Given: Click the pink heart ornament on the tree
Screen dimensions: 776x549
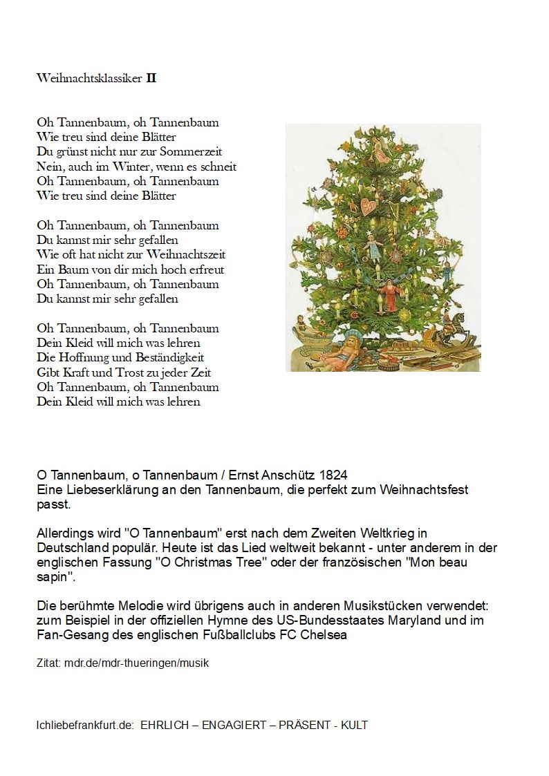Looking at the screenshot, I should click(369, 205).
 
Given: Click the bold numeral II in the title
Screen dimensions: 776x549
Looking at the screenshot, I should click(151, 78).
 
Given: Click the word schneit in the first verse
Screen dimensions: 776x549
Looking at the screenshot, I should click(218, 167).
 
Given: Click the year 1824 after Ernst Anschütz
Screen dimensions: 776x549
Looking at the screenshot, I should click(333, 475).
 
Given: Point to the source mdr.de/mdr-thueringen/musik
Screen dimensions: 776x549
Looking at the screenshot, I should click(136, 663).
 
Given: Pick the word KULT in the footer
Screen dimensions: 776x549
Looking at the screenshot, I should click(354, 726).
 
